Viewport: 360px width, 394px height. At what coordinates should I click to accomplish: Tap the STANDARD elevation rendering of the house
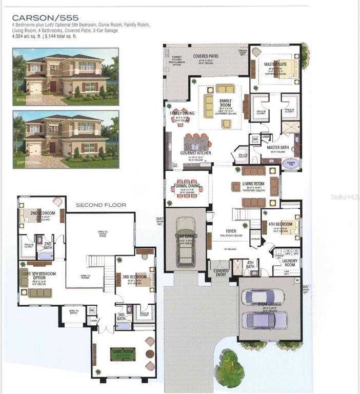pos(66,76)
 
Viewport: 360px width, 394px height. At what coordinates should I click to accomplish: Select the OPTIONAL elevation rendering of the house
pos(66,139)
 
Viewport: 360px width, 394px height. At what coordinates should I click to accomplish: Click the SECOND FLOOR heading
pos(101,205)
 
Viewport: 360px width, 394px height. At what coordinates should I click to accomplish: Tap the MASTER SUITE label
pos(275,65)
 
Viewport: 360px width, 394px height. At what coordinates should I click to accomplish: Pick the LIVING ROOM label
pos(253,184)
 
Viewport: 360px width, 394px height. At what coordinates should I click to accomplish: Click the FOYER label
pos(231,231)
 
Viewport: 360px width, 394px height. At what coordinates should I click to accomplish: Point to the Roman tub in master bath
pos(290,163)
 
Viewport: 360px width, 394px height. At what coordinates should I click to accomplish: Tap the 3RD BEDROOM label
pos(134,277)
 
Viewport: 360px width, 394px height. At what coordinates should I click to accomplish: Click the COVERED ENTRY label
pos(221,271)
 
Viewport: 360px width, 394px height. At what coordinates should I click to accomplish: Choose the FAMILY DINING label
pos(182,113)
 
